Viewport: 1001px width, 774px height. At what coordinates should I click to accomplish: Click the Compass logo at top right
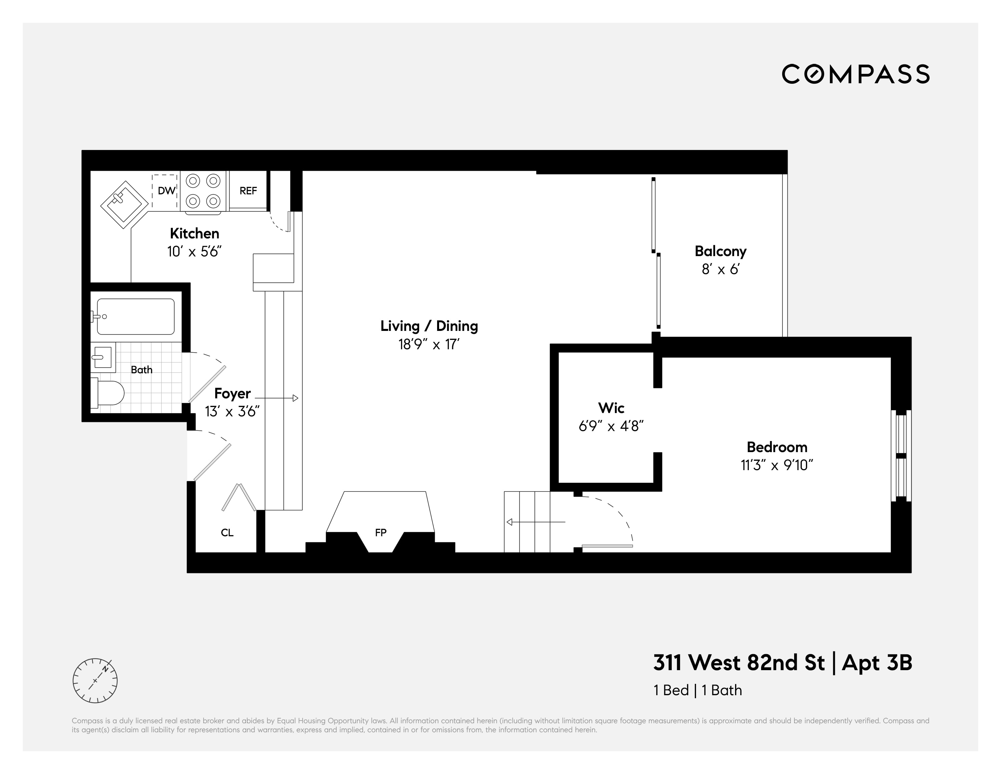855,74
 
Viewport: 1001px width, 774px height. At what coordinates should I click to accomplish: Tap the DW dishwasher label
166,191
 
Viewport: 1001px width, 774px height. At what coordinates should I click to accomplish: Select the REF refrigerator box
248,191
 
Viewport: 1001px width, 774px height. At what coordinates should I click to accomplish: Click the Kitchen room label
194,233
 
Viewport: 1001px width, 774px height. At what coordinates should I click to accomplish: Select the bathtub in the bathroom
136,317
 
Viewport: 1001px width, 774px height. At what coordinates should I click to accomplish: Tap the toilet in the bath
109,393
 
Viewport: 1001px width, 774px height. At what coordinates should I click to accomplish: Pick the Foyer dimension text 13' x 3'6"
232,412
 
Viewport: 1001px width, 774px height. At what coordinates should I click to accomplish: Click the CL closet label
227,532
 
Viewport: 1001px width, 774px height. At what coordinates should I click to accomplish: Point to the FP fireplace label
380,532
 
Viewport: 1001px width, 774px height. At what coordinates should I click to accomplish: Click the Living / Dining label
429,326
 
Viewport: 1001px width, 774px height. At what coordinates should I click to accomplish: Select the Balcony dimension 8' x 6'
720,269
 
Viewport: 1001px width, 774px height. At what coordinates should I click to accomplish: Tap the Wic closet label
611,408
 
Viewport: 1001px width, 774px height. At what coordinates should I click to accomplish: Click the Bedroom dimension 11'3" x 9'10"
776,465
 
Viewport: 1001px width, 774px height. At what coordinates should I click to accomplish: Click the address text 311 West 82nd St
739,662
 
